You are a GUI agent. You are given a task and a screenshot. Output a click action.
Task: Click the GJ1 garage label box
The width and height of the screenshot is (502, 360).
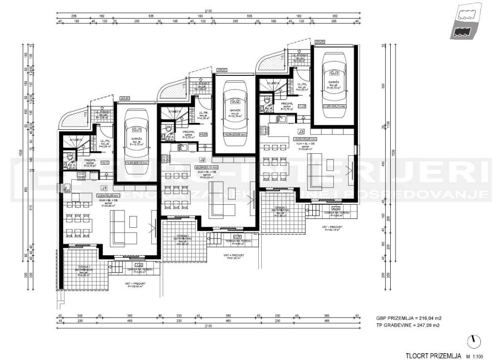pyautogui.click(x=137, y=130)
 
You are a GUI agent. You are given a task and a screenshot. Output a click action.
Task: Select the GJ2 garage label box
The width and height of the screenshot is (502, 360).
pyautogui.click(x=234, y=101)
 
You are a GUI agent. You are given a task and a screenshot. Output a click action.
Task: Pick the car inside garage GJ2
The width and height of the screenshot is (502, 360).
pyautogui.click(x=234, y=116)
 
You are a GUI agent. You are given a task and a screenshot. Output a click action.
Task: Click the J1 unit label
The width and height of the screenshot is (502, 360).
pyautogui.click(x=104, y=188)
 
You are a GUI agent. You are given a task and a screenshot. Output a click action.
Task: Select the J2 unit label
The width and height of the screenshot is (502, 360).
pyautogui.click(x=202, y=160)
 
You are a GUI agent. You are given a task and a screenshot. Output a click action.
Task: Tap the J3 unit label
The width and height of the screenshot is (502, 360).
pyautogui.click(x=301, y=131)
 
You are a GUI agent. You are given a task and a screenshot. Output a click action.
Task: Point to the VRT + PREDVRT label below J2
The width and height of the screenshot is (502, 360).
pyautogui.click(x=233, y=257)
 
